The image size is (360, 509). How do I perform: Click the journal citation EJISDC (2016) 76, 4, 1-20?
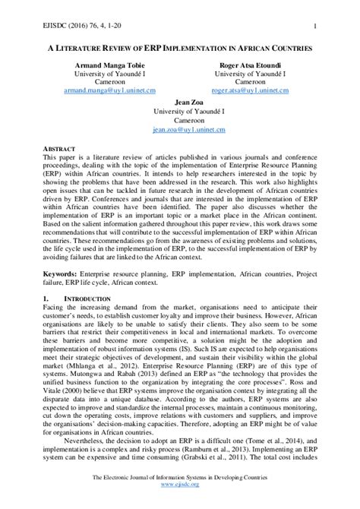tap(58, 27)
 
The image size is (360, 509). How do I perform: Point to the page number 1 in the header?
tap(314, 27)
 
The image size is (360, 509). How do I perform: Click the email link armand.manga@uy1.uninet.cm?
tap(110, 90)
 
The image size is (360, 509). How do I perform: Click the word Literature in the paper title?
tap(88, 47)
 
